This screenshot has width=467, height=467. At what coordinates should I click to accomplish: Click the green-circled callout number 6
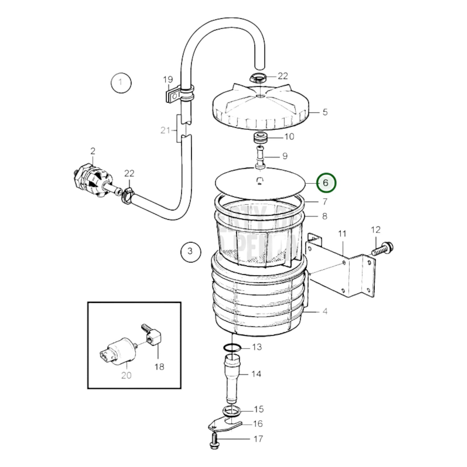click(x=326, y=183)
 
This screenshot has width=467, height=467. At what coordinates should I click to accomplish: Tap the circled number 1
click(x=121, y=83)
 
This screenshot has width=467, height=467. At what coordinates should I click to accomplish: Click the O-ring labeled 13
click(x=232, y=348)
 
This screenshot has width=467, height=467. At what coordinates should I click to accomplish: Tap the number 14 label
click(x=256, y=374)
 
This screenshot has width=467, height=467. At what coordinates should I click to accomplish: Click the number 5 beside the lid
click(x=325, y=112)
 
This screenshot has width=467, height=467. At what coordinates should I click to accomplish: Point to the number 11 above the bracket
click(x=342, y=233)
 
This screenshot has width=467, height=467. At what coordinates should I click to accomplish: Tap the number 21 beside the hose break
click(x=165, y=131)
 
